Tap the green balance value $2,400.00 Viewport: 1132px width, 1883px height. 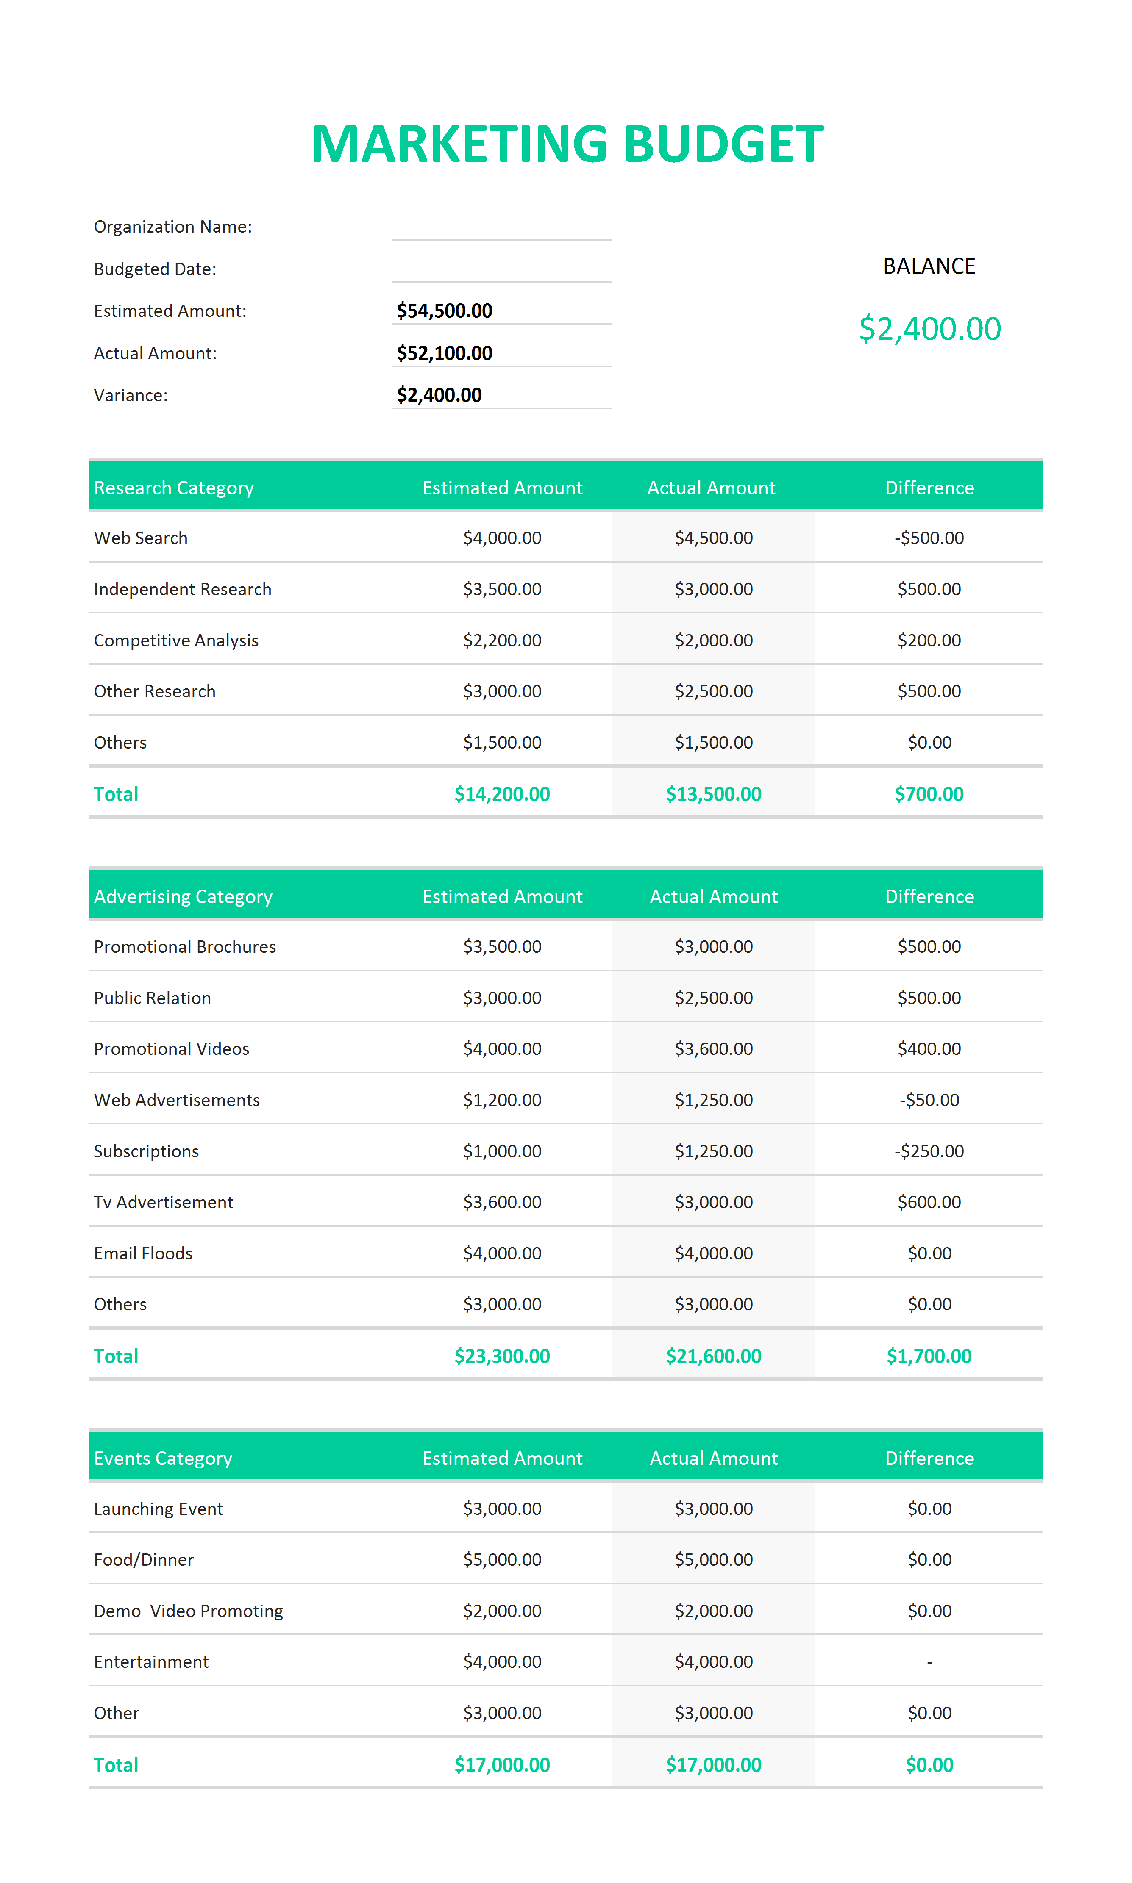[x=929, y=329]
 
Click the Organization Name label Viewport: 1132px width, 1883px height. [x=172, y=226]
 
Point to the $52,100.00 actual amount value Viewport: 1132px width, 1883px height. [x=444, y=353]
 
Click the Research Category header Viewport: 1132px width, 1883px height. [x=173, y=488]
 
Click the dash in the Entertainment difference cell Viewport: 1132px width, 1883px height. [x=929, y=1662]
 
